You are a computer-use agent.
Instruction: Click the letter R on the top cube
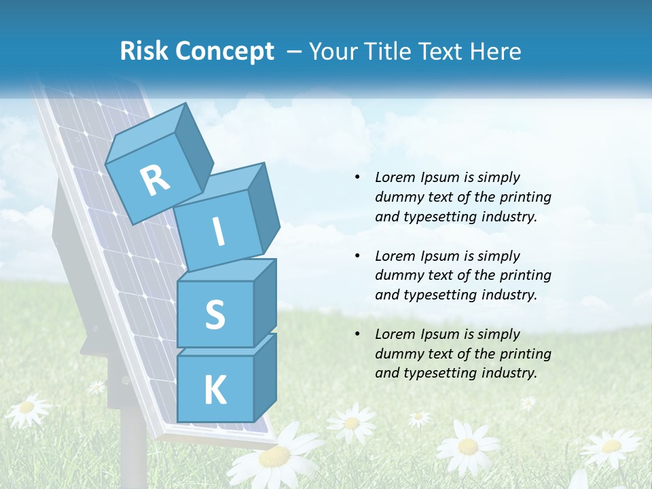pos(156,180)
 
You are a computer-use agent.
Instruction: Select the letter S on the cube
pos(215,314)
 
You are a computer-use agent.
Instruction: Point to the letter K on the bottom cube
pos(215,391)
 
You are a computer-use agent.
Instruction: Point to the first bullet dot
pos(357,177)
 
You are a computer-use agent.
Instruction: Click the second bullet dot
pos(357,256)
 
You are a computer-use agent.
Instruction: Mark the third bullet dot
pos(357,334)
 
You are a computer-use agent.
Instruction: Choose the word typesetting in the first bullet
pos(435,217)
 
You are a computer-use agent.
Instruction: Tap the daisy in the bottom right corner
pos(611,446)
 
